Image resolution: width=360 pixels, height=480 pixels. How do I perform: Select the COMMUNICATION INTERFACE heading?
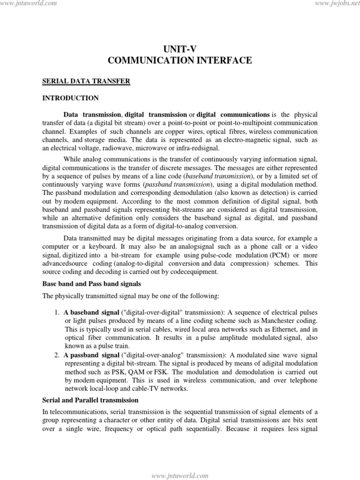click(180, 60)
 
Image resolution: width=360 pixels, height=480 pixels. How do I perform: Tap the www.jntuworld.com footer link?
click(180, 475)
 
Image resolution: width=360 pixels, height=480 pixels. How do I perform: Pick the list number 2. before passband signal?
click(57, 355)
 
